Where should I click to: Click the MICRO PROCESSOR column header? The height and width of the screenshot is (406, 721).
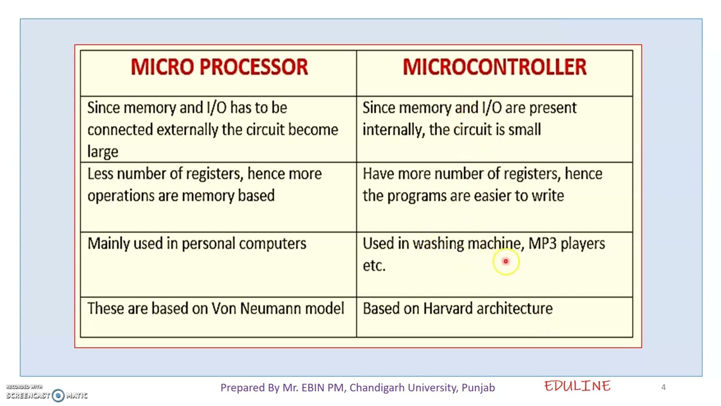tap(219, 67)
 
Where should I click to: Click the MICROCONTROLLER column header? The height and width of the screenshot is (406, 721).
tap(494, 67)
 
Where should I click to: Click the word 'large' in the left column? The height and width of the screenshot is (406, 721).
tap(103, 152)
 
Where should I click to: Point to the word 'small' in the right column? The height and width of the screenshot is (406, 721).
tap(524, 130)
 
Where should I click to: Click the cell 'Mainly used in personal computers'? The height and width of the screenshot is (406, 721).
tap(197, 244)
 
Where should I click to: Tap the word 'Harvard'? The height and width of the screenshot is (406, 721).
tap(447, 308)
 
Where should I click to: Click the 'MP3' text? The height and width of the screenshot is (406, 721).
tap(542, 244)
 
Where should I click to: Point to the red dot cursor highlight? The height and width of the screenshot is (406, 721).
tap(505, 261)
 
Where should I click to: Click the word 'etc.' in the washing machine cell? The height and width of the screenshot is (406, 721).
tap(374, 266)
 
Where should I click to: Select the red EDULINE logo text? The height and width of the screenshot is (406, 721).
tap(577, 386)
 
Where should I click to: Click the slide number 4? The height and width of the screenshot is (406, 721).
tap(663, 387)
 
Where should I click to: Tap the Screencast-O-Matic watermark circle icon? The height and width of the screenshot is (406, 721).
tap(58, 395)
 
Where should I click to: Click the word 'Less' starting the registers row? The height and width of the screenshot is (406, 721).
tap(100, 174)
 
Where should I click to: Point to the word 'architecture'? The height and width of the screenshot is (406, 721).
tap(514, 308)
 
